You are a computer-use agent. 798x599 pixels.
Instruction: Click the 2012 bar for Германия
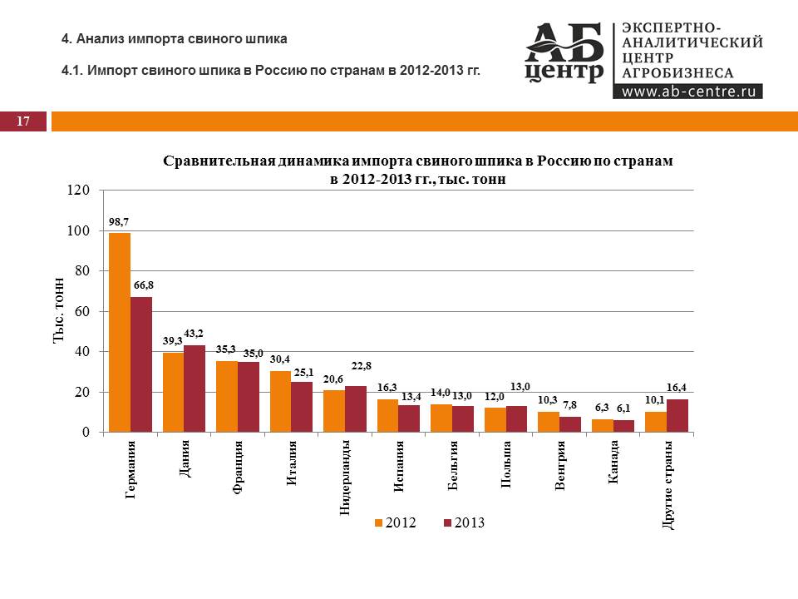pyautogui.click(x=120, y=333)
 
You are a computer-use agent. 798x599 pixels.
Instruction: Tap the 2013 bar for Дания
pyautogui.click(x=195, y=389)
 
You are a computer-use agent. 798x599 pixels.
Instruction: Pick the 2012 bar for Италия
pyautogui.click(x=280, y=402)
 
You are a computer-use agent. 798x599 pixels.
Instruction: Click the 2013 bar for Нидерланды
pyautogui.click(x=356, y=409)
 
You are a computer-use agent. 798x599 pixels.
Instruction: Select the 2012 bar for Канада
pyautogui.click(x=603, y=426)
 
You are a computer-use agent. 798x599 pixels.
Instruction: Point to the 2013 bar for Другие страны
pyautogui.click(x=677, y=416)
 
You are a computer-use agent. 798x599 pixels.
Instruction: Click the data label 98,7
pyautogui.click(x=120, y=223)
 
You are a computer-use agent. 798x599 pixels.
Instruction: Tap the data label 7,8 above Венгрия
pyautogui.click(x=570, y=405)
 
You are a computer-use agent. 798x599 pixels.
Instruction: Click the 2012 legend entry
pyautogui.click(x=395, y=522)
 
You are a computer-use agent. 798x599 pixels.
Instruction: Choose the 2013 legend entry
pyautogui.click(x=463, y=522)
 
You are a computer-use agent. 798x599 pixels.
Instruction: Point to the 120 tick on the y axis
pyautogui.click(x=78, y=191)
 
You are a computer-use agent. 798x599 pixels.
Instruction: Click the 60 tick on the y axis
pyautogui.click(x=81, y=311)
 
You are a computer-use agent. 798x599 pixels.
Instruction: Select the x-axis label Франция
pyautogui.click(x=238, y=468)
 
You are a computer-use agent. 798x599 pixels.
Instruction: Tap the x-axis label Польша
pyautogui.click(x=506, y=465)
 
